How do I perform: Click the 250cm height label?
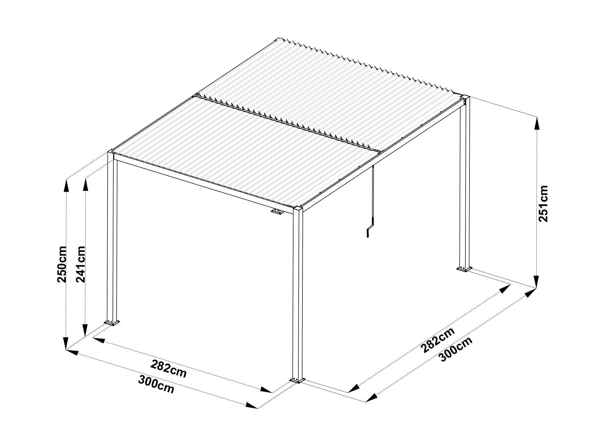62,264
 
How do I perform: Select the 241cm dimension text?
80,264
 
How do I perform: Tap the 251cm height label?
543,203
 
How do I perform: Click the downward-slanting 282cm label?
169,369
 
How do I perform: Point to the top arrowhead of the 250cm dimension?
66,186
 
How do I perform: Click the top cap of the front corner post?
298,208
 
